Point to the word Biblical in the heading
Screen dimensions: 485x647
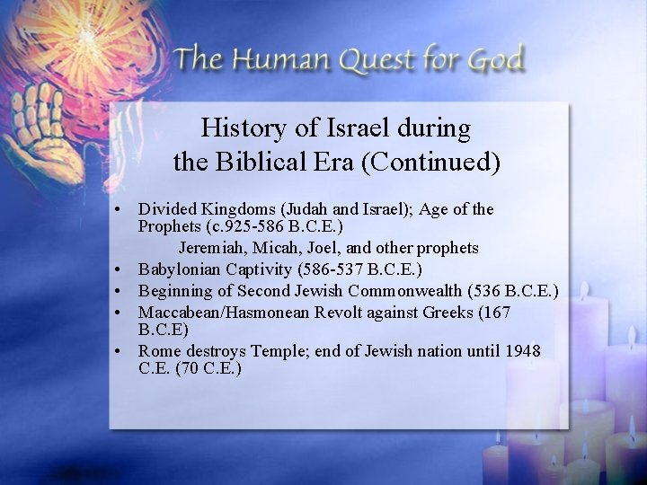click(256, 163)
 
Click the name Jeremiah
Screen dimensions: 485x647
click(212, 247)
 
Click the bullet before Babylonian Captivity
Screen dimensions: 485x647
click(119, 269)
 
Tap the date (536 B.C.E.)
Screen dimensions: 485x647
click(512, 291)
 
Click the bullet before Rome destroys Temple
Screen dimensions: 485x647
click(119, 351)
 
